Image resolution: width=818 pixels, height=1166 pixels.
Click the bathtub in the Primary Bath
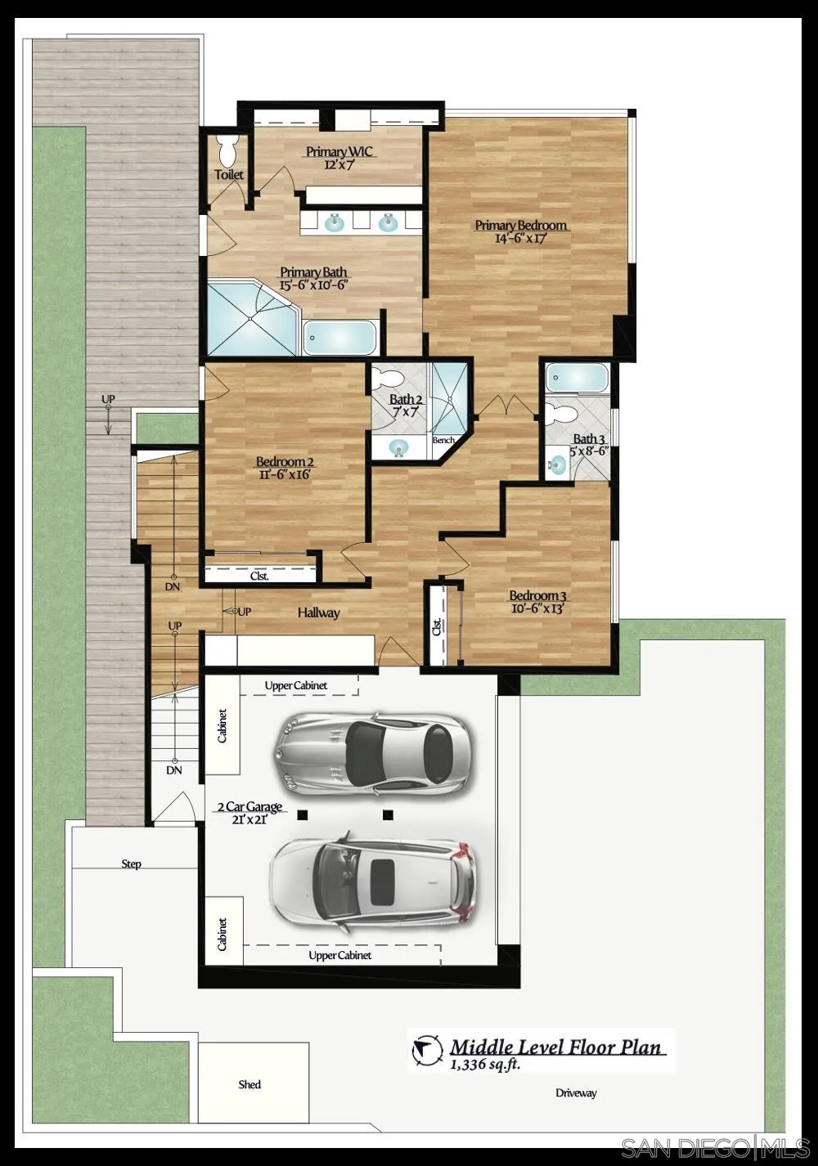click(339, 337)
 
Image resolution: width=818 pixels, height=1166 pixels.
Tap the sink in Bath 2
click(399, 447)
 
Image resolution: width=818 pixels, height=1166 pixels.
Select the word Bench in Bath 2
click(443, 440)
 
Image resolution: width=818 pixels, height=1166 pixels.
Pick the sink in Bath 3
click(557, 464)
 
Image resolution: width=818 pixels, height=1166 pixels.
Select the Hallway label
click(318, 612)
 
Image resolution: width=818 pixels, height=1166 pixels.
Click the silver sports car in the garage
click(372, 753)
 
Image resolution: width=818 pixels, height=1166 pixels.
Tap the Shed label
click(249, 1084)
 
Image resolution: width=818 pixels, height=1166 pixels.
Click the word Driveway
click(576, 1093)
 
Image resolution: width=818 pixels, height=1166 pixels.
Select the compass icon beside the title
click(426, 1051)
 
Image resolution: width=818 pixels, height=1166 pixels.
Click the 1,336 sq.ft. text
click(484, 1064)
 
